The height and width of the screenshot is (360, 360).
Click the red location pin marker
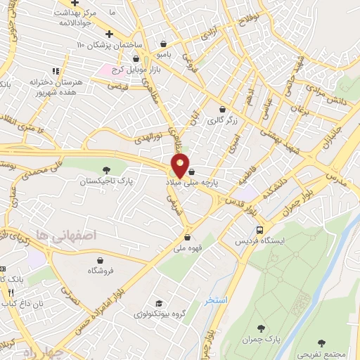[x=181, y=166]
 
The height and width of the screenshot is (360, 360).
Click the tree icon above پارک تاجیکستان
[x=107, y=169]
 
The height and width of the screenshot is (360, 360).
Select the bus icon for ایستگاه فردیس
[x=260, y=230]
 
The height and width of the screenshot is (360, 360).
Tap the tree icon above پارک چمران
[x=262, y=328]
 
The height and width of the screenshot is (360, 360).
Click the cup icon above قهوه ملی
[x=186, y=236]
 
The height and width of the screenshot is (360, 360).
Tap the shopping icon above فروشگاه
[x=101, y=259]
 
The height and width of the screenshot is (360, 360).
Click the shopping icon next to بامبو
[x=163, y=44]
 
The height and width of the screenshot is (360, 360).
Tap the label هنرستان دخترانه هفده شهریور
[x=57, y=87]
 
